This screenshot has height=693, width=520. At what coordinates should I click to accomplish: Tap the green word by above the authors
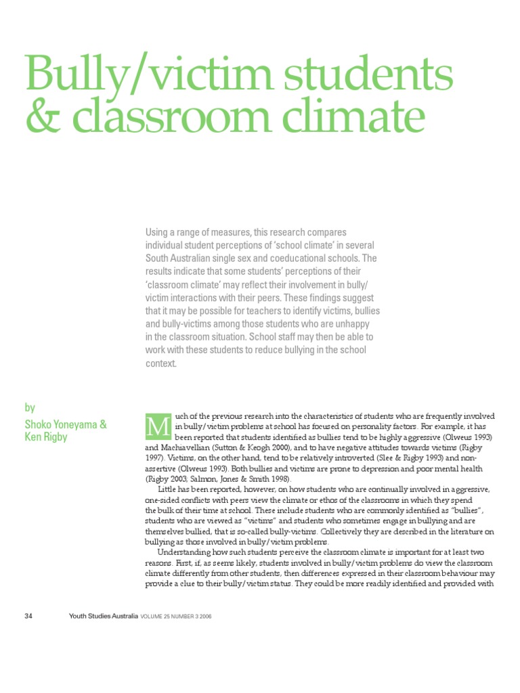pyautogui.click(x=30, y=407)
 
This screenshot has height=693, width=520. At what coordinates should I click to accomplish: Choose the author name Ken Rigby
pyautogui.click(x=47, y=437)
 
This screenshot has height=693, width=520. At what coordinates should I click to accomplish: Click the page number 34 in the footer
pyautogui.click(x=28, y=616)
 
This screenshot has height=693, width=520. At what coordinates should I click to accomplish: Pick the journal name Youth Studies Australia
pyautogui.click(x=104, y=616)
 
